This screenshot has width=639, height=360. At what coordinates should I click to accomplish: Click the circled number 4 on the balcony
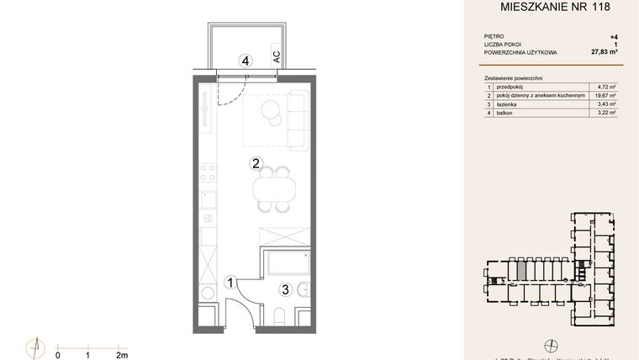point(246,61)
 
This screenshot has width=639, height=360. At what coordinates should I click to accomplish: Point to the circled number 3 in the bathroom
point(285,290)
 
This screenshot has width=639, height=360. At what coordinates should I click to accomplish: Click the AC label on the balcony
point(276,58)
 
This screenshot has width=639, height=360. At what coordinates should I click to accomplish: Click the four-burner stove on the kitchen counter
point(207,172)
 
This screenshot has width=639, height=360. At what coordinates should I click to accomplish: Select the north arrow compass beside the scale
point(34,347)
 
